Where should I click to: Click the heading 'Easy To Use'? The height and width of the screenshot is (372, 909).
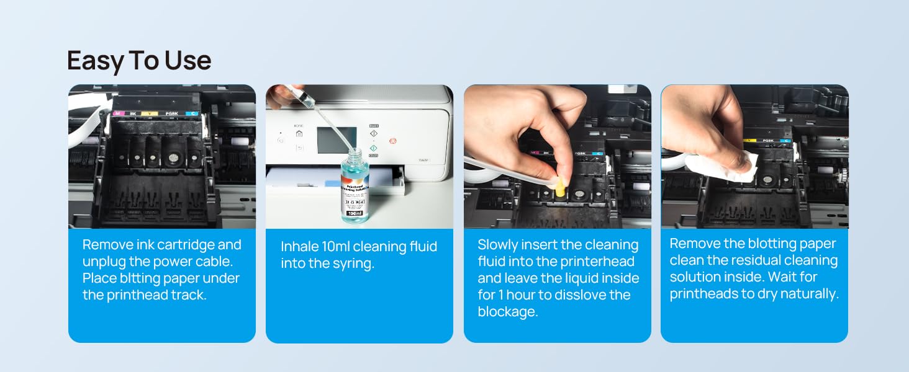tap(139, 61)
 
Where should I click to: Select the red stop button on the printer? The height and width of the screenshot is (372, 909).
tap(392, 141)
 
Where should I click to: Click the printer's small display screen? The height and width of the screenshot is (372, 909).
tap(337, 140)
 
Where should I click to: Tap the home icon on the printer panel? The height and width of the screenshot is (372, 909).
tap(299, 133)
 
